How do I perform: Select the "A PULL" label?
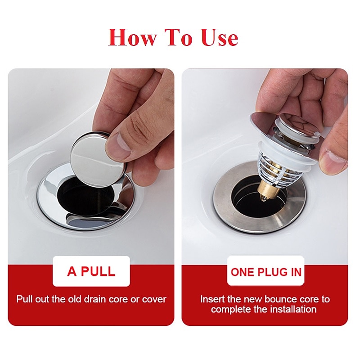pos(91,271)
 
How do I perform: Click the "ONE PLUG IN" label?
pos(266,272)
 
